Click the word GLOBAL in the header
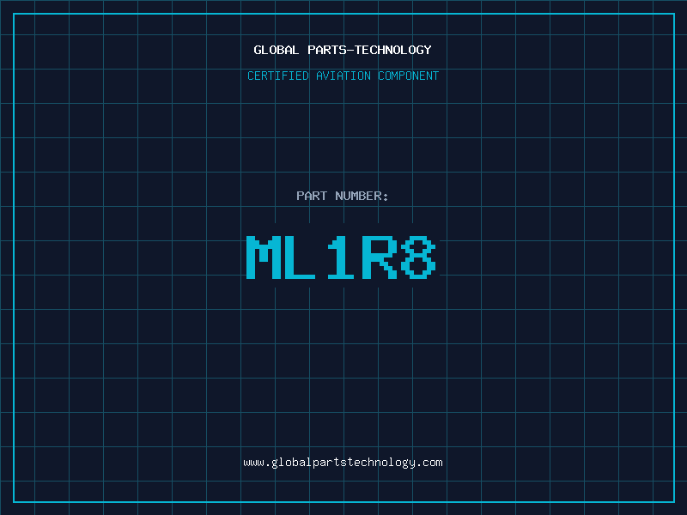click(x=277, y=50)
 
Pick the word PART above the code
click(x=312, y=196)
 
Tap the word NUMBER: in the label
click(x=362, y=196)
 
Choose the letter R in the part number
click(x=380, y=257)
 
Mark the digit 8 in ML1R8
click(x=418, y=257)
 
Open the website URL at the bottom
click(x=343, y=462)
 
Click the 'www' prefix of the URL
click(x=253, y=463)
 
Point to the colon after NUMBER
click(x=386, y=196)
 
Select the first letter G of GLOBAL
click(x=258, y=50)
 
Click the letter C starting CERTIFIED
click(x=251, y=76)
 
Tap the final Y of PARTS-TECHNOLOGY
click(x=427, y=50)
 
